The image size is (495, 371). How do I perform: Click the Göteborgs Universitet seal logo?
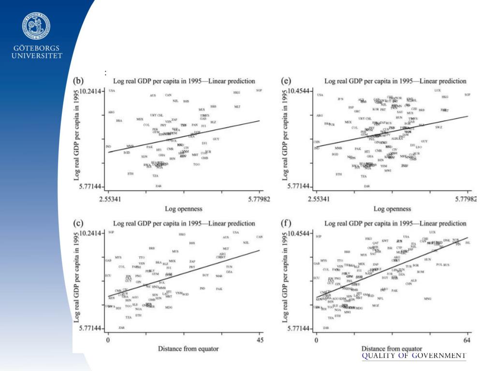(36, 26)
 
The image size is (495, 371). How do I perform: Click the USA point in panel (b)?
(112, 91)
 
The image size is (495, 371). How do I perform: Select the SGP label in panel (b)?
(259, 90)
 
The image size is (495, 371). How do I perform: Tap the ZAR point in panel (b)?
(158, 185)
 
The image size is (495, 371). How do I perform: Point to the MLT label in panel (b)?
(237, 107)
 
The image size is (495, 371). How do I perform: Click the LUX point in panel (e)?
(437, 90)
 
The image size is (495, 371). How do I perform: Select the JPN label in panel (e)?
(340, 99)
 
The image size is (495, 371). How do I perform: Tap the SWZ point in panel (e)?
(438, 127)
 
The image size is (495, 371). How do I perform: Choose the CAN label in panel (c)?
(259, 237)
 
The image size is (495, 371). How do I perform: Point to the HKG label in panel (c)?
(182, 234)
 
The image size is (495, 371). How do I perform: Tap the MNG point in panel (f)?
(427, 299)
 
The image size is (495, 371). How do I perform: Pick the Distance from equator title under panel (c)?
(183, 349)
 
